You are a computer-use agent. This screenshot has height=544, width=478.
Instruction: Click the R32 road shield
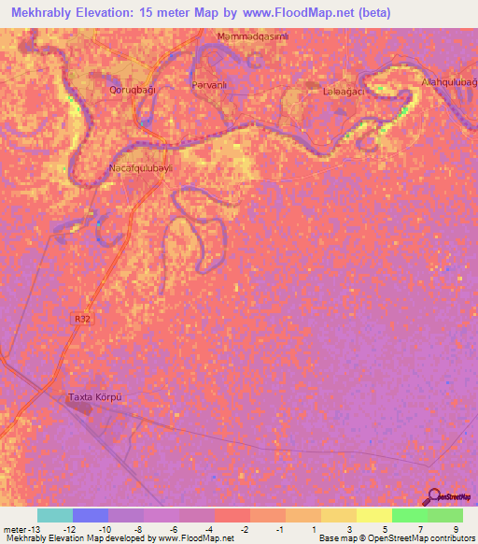[x=81, y=319]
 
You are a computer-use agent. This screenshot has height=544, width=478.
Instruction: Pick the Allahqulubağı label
[x=450, y=82]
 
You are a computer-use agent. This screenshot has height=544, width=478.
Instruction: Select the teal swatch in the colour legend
[x=55, y=515]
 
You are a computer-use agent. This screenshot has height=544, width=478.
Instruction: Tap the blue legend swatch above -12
[x=91, y=515]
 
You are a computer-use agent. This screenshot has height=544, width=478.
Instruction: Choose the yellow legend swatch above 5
[x=373, y=515]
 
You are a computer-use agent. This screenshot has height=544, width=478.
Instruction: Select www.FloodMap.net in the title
[x=304, y=12]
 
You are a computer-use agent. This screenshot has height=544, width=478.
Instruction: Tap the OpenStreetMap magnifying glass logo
[x=433, y=498]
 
